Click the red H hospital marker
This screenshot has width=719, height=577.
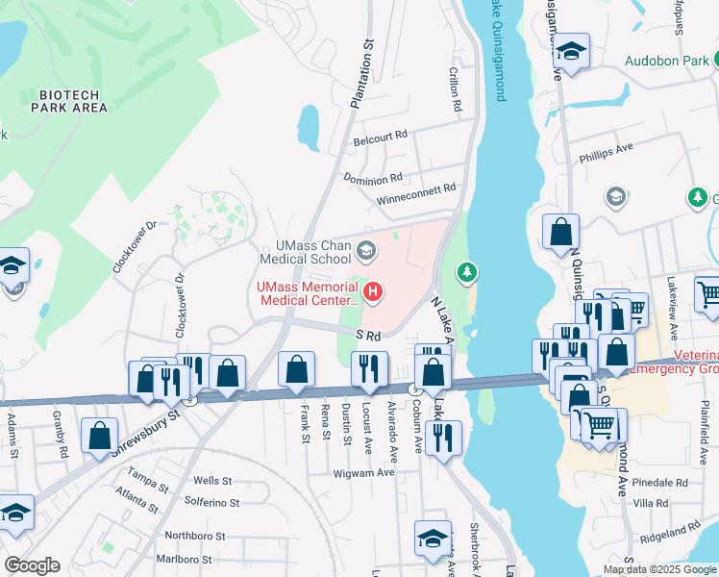point(373,289)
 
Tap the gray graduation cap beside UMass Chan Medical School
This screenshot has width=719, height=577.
point(365,252)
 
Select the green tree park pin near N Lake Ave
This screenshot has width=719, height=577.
point(467,274)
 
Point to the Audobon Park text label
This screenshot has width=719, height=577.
point(666,60)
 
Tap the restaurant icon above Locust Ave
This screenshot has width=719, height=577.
point(369,368)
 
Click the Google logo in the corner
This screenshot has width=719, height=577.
point(32,565)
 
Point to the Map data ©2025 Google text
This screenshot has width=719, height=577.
point(659,569)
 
